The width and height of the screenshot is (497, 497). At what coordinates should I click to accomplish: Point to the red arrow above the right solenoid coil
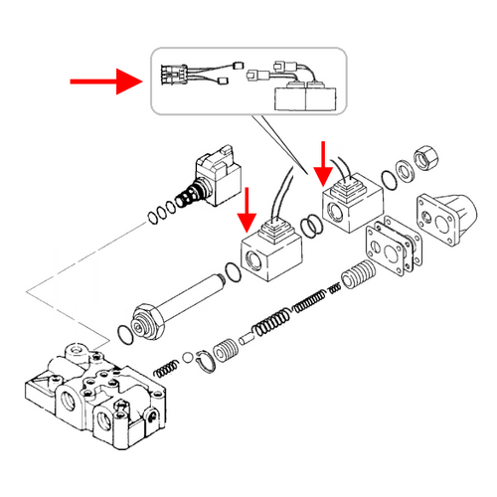coord(321,160)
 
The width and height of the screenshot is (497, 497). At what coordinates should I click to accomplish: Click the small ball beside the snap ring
coord(188,358)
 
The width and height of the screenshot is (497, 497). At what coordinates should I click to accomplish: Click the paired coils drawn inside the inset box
coord(309,97)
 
